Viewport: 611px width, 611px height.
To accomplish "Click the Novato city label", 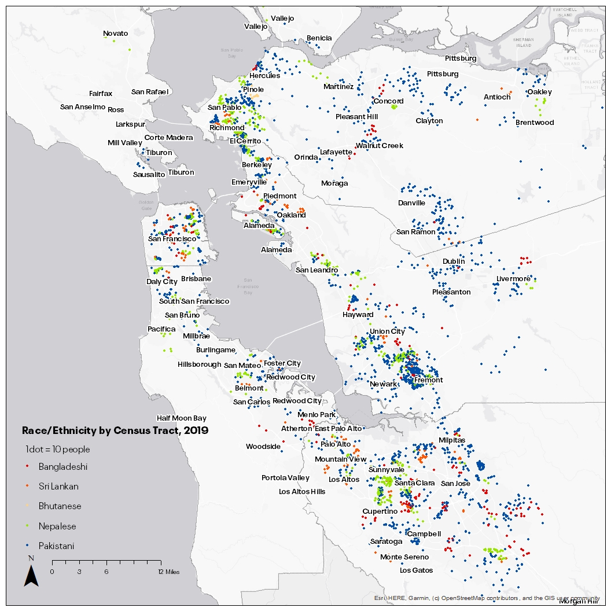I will [115, 34].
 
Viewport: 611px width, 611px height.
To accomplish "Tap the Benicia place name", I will [319, 38].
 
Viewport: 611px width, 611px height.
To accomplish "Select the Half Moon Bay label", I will [182, 418].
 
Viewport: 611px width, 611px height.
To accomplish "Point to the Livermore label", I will [513, 279].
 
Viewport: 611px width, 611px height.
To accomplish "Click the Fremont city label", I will [428, 380].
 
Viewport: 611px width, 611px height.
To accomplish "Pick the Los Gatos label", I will [416, 570].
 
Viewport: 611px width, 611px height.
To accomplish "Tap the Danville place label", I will [411, 203].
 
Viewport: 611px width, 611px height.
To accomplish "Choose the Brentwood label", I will [535, 123].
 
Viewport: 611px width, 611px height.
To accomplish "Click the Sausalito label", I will [149, 174].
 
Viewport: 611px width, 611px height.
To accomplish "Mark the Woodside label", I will [263, 447].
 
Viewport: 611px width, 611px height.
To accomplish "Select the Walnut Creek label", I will [379, 146].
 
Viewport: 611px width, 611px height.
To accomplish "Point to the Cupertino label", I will [380, 511].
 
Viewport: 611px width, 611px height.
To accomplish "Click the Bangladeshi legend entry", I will [63, 467].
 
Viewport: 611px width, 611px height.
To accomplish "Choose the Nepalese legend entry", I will [57, 527].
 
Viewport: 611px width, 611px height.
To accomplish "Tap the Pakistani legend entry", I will [56, 546].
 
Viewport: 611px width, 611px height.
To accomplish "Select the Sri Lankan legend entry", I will [58, 487].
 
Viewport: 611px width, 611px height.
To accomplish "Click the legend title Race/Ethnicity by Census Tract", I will [115, 431].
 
